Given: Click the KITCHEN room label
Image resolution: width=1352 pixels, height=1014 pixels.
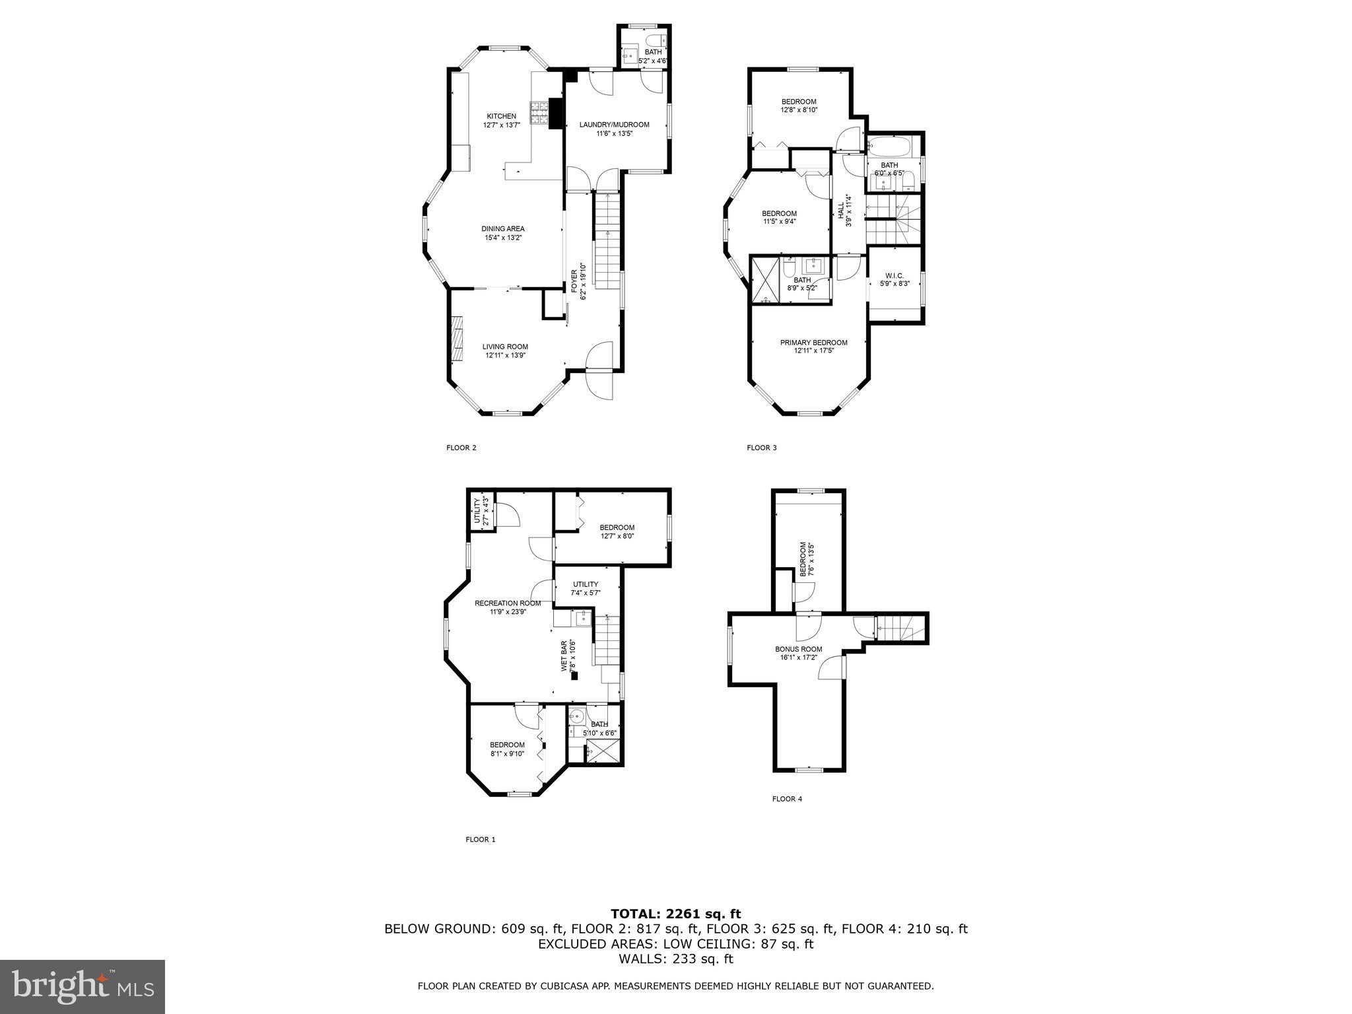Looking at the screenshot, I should pyautogui.click(x=501, y=116).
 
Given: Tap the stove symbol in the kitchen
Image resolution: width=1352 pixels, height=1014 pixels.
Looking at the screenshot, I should pyautogui.click(x=539, y=113).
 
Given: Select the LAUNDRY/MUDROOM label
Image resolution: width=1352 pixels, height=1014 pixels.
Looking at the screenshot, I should pyautogui.click(x=614, y=125).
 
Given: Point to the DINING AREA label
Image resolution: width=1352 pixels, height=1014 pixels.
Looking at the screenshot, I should pyautogui.click(x=502, y=229).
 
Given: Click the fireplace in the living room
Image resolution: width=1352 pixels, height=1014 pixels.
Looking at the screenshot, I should pyautogui.click(x=456, y=338).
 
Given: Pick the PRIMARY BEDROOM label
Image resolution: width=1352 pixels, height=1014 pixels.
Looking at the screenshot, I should pyautogui.click(x=813, y=343).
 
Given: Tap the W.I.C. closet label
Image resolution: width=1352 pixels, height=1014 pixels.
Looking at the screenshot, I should pyautogui.click(x=895, y=275).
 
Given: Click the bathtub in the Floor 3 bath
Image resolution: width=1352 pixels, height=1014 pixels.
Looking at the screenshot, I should pyautogui.click(x=888, y=146).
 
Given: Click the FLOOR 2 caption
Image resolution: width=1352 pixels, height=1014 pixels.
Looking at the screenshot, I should pyautogui.click(x=461, y=448).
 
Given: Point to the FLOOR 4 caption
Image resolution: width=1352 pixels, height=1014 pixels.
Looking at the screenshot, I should pyautogui.click(x=787, y=799).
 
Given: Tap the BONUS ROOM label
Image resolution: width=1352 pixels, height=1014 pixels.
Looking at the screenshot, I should pyautogui.click(x=798, y=649).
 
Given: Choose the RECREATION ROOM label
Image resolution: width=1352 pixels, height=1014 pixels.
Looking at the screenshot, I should pyautogui.click(x=507, y=603).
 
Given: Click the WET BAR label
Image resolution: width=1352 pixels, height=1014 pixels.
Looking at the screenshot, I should pyautogui.click(x=564, y=656).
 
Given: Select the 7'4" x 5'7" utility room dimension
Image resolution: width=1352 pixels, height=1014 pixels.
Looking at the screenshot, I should pyautogui.click(x=585, y=593).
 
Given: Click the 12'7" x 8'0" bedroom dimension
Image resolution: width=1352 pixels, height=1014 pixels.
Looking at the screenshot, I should pyautogui.click(x=617, y=536).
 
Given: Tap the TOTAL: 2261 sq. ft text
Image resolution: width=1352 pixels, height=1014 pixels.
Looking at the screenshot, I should pyautogui.click(x=675, y=914).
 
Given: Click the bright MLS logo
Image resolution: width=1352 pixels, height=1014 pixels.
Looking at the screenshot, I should pyautogui.click(x=83, y=986).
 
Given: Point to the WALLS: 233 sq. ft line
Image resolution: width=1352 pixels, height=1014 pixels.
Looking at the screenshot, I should pyautogui.click(x=675, y=959).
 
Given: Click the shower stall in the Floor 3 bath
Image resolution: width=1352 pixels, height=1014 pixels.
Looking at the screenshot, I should pyautogui.click(x=764, y=281).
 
